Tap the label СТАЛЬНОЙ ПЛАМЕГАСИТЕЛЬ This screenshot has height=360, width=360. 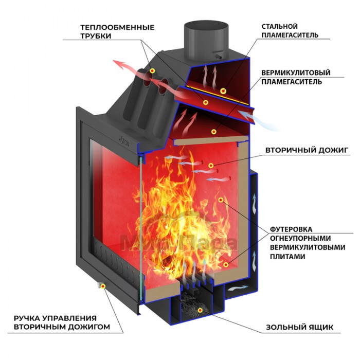click(x=290, y=30)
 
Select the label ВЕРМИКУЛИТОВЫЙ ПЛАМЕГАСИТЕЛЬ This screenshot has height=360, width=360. click(x=295, y=77)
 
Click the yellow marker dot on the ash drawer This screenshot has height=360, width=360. click(x=199, y=310)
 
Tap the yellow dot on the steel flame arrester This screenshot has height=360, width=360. click(x=223, y=91)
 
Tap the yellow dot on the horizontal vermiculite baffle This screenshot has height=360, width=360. click(x=213, y=132)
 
